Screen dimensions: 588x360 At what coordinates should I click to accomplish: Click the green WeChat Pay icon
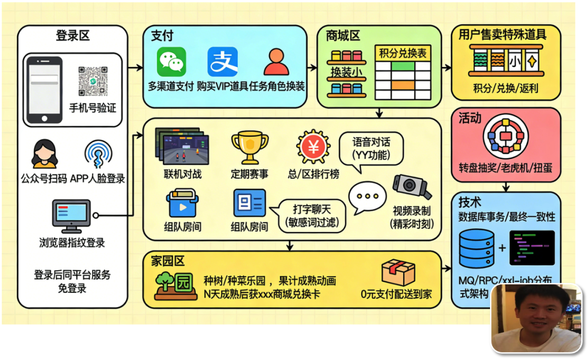[171, 62]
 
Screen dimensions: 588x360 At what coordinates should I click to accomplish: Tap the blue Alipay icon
[222, 62]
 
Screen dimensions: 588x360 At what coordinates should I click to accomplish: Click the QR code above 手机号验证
[93, 81]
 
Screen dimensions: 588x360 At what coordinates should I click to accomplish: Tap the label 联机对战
[182, 174]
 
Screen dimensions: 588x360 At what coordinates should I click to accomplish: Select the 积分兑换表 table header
[403, 53]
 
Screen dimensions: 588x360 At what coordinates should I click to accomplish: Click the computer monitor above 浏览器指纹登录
[70, 216]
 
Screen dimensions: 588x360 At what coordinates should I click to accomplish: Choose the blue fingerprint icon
[99, 155]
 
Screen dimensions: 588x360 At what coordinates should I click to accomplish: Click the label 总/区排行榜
[313, 174]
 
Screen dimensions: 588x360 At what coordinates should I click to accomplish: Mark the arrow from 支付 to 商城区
[311, 68]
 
